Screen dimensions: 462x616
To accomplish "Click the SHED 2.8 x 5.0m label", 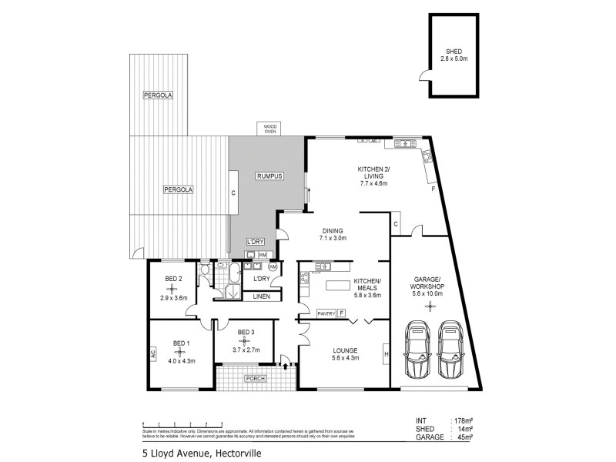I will (452, 55).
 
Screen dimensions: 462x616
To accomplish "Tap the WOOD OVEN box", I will (270, 129).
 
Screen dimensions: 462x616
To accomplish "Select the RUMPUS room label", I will (269, 176).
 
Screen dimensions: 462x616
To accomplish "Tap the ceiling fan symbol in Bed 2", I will (172, 289).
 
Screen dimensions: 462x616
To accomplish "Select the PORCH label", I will (254, 379).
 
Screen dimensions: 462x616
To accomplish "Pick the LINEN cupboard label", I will (261, 296).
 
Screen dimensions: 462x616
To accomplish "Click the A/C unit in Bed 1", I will (153, 355).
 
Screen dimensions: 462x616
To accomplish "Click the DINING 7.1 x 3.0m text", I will (333, 235).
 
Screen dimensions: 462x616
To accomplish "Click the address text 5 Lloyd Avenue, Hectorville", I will (203, 453).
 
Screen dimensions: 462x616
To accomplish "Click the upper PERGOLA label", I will (158, 95).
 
